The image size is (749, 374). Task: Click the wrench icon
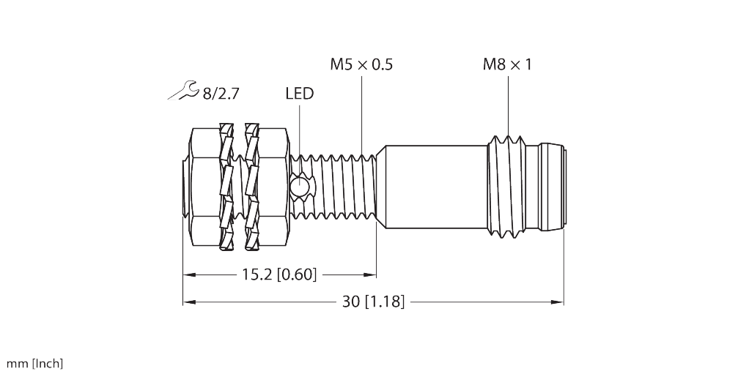181,91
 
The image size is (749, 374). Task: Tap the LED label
299,93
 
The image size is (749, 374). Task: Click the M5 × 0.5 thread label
361,64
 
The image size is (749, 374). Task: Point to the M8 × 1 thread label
507,64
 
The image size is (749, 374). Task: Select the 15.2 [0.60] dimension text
278,275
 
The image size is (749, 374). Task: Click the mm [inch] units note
34,364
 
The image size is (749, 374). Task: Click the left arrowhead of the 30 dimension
188,302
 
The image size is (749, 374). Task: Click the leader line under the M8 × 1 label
508,102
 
